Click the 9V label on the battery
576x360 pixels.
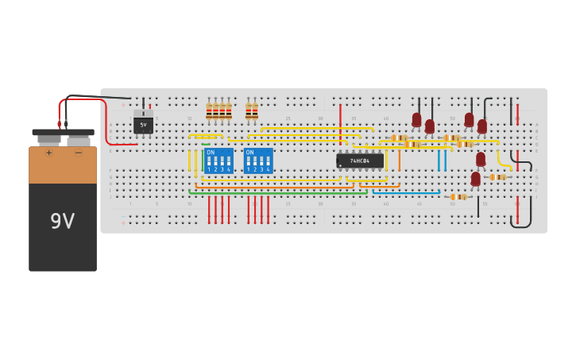pyautogui.click(x=62, y=221)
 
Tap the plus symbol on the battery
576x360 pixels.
pyautogui.click(x=48, y=153)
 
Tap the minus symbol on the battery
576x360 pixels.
pyautogui.click(x=78, y=153)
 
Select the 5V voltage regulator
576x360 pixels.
pyautogui.click(x=143, y=125)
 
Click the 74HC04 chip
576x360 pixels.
pyautogui.click(x=360, y=161)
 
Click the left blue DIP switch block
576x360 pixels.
pyautogui.click(x=218, y=161)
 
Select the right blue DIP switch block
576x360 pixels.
pyautogui.click(x=258, y=161)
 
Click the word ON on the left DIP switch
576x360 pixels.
pyautogui.click(x=211, y=152)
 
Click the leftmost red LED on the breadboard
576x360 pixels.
pyautogui.click(x=416, y=120)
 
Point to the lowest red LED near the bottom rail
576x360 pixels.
pyautogui.click(x=475, y=180)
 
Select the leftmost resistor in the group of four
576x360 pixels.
pyautogui.click(x=209, y=112)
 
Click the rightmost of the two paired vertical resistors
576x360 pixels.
pyautogui.click(x=255, y=112)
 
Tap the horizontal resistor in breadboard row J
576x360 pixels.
pyautogui.click(x=458, y=196)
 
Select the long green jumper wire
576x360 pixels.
pyautogui.click(x=278, y=192)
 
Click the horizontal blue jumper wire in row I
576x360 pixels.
pyautogui.click(x=405, y=192)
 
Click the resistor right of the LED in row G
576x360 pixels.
pyautogui.click(x=497, y=176)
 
